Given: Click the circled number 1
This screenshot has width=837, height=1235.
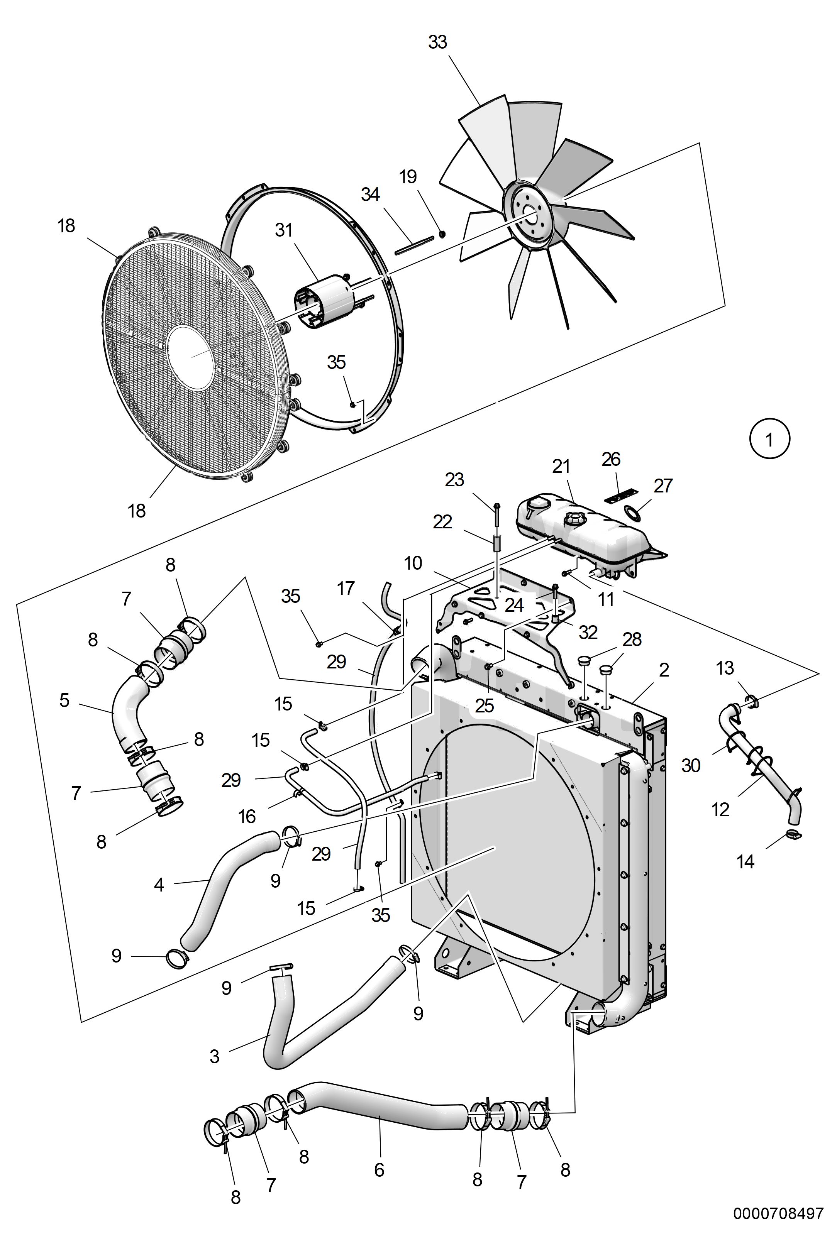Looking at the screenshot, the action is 769,440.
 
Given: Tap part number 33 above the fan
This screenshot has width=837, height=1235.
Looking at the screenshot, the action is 437,42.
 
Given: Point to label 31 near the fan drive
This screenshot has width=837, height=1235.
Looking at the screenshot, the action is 284,230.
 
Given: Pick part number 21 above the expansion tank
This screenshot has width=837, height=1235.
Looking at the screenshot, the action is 561,467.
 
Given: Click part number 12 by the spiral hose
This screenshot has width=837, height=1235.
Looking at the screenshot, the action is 720,810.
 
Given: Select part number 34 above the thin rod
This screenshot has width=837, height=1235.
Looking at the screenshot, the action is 370,195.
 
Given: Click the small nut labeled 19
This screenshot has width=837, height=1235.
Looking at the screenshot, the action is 442,234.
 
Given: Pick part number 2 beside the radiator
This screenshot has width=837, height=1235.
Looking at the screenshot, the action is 664,670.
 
